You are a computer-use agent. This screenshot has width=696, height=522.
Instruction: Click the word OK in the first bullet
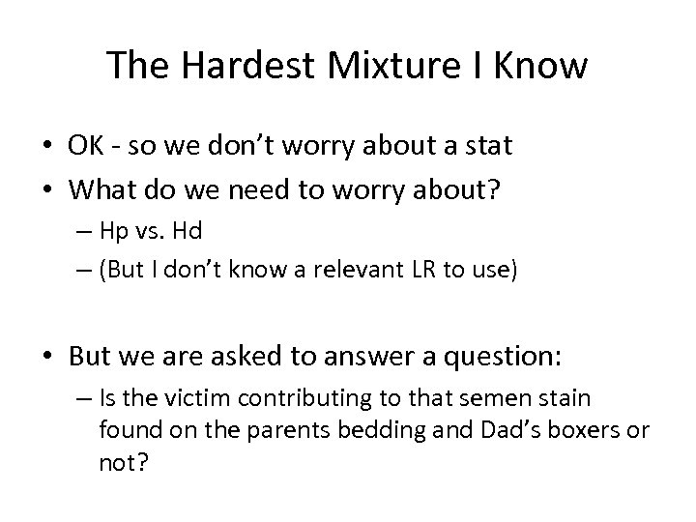pos(84,147)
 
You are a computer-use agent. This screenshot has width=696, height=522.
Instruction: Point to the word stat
pos(488,147)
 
